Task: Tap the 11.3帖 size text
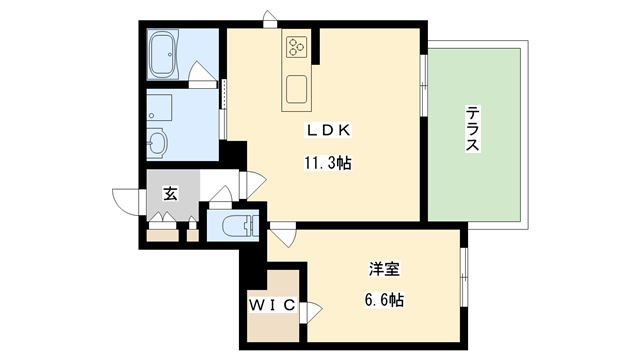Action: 328,161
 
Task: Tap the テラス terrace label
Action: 473,130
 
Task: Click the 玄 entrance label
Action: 171,194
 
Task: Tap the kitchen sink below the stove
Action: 298,89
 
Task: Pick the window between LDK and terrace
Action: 423,85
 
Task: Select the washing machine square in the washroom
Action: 160,106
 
